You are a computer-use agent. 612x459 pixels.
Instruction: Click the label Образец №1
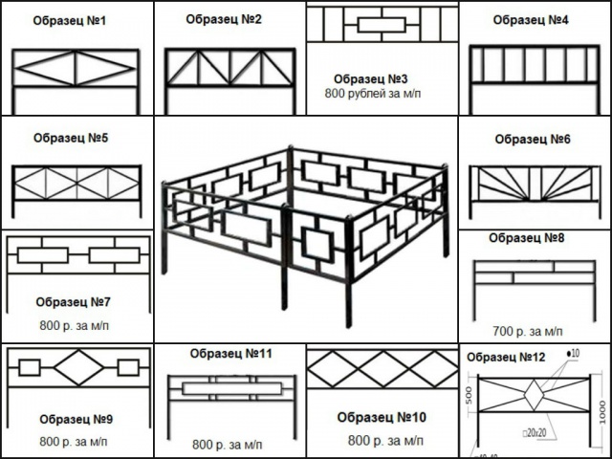click(71, 20)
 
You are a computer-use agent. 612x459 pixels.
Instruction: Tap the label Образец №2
click(224, 19)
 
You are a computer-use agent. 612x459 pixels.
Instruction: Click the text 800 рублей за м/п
click(371, 94)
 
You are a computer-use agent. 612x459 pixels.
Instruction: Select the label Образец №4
click(531, 19)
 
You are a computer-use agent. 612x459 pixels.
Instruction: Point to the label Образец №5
click(71, 138)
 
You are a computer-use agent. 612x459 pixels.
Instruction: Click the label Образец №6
click(534, 139)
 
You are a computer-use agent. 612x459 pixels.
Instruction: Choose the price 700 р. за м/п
click(528, 332)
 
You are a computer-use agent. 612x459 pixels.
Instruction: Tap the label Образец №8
click(527, 238)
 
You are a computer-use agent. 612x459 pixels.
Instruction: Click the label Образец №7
click(75, 301)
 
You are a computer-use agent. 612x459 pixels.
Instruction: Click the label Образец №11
click(230, 354)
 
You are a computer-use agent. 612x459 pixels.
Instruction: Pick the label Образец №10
click(382, 418)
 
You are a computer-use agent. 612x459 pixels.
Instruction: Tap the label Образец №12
click(506, 357)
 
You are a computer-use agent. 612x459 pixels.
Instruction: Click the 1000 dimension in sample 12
click(603, 411)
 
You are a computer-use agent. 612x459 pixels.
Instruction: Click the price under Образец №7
click(75, 325)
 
